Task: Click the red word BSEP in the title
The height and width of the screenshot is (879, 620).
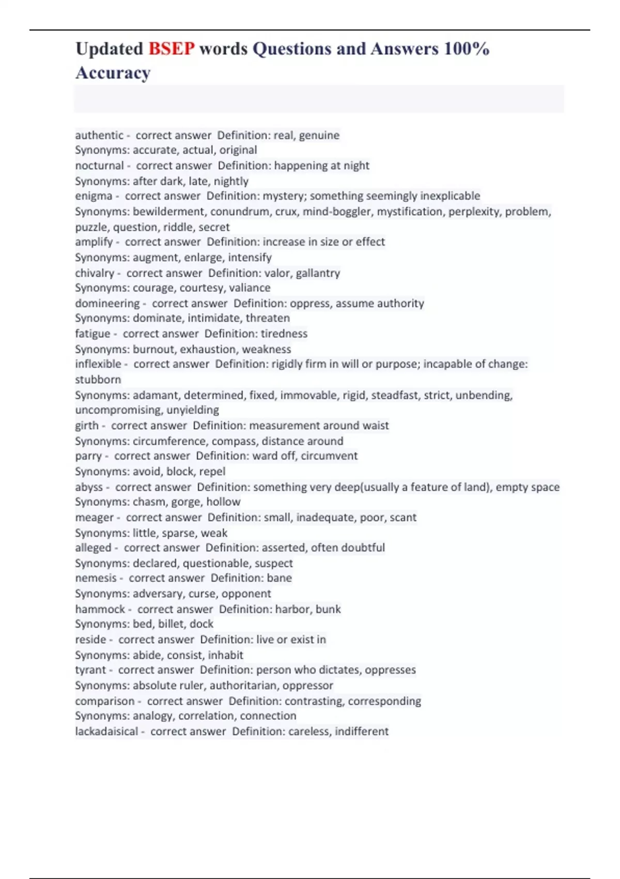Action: (x=172, y=49)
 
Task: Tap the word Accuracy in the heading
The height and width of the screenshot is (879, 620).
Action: (x=113, y=73)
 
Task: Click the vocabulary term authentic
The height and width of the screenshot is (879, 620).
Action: (x=99, y=135)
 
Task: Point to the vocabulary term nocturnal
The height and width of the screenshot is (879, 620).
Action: (x=99, y=166)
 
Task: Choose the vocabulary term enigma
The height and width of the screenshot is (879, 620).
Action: (x=94, y=196)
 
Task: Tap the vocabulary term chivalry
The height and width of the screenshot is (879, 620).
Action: (x=95, y=273)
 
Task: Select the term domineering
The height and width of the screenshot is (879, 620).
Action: (x=107, y=304)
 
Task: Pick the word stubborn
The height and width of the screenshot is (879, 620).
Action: (x=98, y=380)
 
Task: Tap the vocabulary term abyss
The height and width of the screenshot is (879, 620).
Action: (x=89, y=487)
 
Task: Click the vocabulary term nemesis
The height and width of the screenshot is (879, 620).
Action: (x=96, y=578)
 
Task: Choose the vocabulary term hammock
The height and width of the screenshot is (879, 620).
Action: (x=100, y=609)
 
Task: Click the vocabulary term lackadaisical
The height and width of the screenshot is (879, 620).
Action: (x=106, y=732)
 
